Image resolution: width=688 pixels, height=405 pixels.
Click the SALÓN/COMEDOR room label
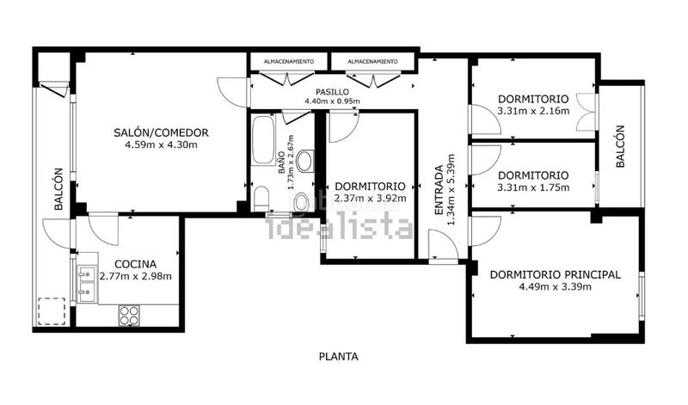coord(161,132)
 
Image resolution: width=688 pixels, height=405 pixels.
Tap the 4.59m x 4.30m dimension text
coord(161,144)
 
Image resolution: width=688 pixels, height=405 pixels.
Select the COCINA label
coord(135,264)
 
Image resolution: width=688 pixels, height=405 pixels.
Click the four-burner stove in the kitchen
coord(129,316)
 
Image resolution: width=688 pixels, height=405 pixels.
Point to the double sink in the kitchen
coord(87,284)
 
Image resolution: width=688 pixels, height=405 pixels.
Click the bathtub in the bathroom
coord(264,139)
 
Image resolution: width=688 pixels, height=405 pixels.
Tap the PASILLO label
coord(333,92)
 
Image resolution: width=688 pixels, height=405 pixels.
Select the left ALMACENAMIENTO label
coord(289,61)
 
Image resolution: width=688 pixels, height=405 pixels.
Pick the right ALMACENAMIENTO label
coord(372,61)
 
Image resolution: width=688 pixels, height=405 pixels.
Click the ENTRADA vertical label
coord(439,190)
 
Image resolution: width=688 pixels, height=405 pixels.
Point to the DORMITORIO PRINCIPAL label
coord(555,274)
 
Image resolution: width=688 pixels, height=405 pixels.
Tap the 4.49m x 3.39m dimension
coord(555,287)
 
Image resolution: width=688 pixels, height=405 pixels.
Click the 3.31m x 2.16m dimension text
coord(533,111)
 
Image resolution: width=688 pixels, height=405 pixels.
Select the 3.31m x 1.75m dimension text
coord(533,187)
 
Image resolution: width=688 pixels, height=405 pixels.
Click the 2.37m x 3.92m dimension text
coord(371,199)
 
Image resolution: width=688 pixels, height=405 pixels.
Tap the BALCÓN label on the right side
coord(620,146)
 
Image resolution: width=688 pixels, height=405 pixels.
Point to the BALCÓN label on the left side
coord(58,189)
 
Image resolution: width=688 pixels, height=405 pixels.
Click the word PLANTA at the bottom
coord(338,357)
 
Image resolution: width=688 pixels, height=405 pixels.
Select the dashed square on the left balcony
coord(52,311)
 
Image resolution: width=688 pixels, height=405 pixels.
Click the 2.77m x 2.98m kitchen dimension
coord(136,276)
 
